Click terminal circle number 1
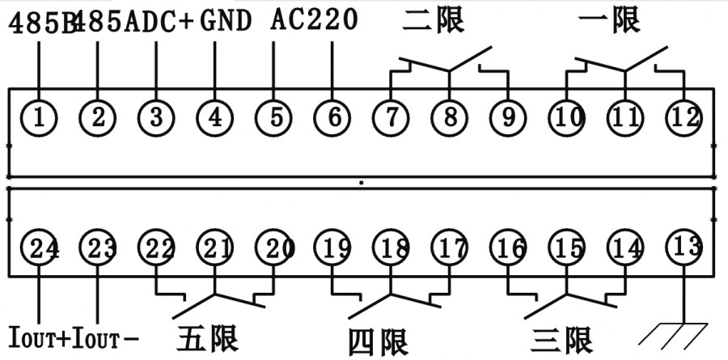point(38,117)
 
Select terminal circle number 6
point(333,117)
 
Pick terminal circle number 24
point(39,248)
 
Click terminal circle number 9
point(509,117)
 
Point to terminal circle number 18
point(392,248)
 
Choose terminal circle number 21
point(214,248)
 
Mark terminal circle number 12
point(685,117)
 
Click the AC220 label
point(314,19)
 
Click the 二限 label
point(434,19)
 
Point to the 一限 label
point(610,19)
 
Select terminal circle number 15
point(568,248)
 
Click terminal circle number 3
point(155,117)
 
